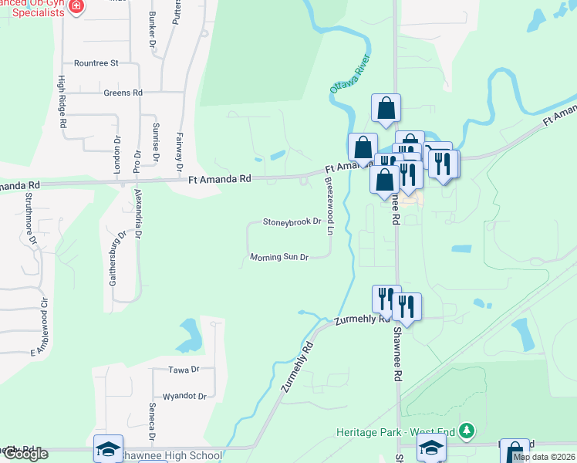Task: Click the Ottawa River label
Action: [x=351, y=75]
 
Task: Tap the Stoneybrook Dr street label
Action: [x=292, y=221]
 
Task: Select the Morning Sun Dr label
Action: [x=279, y=257]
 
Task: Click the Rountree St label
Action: [x=96, y=63]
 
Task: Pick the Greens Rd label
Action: [x=123, y=93]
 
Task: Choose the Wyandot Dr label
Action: [x=181, y=397]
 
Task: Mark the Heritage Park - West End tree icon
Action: [x=465, y=430]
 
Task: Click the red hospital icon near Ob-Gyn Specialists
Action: [x=76, y=7]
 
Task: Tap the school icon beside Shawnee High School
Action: [x=108, y=448]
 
